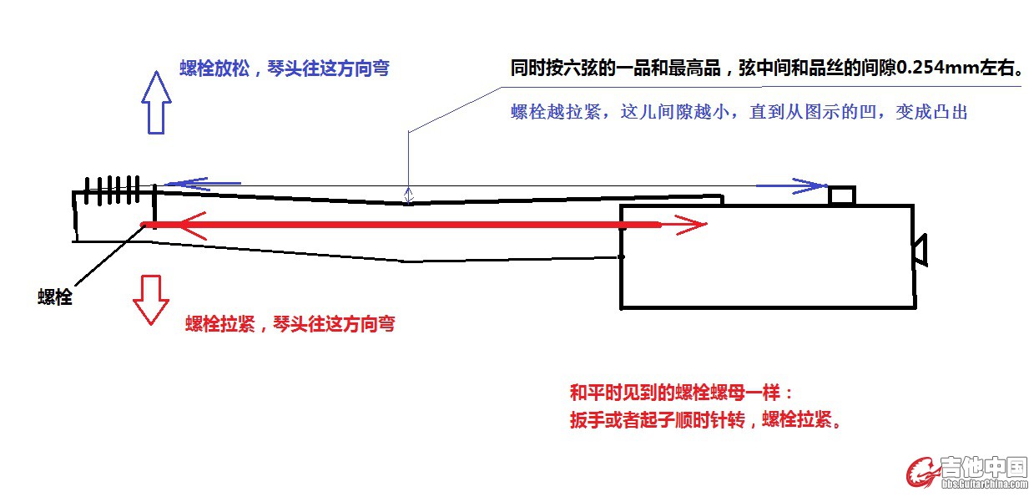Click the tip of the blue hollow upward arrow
(157, 71)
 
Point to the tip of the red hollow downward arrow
(151, 325)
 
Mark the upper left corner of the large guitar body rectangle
(622, 206)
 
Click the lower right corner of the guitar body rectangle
(915, 307)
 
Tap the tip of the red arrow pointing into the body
(707, 225)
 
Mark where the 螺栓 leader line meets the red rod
(144, 225)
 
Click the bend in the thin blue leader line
(408, 133)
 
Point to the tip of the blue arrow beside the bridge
(828, 186)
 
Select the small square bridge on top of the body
(842, 195)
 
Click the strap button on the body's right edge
(920, 250)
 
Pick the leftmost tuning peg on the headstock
(87, 190)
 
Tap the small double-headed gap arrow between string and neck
(409, 195)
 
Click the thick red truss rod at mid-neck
(401, 225)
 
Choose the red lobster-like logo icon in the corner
(922, 472)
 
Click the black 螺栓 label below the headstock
(55, 297)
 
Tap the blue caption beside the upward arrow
(285, 68)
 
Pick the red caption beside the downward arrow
(290, 324)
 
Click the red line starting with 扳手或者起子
(705, 420)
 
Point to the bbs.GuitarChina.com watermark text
(985, 484)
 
